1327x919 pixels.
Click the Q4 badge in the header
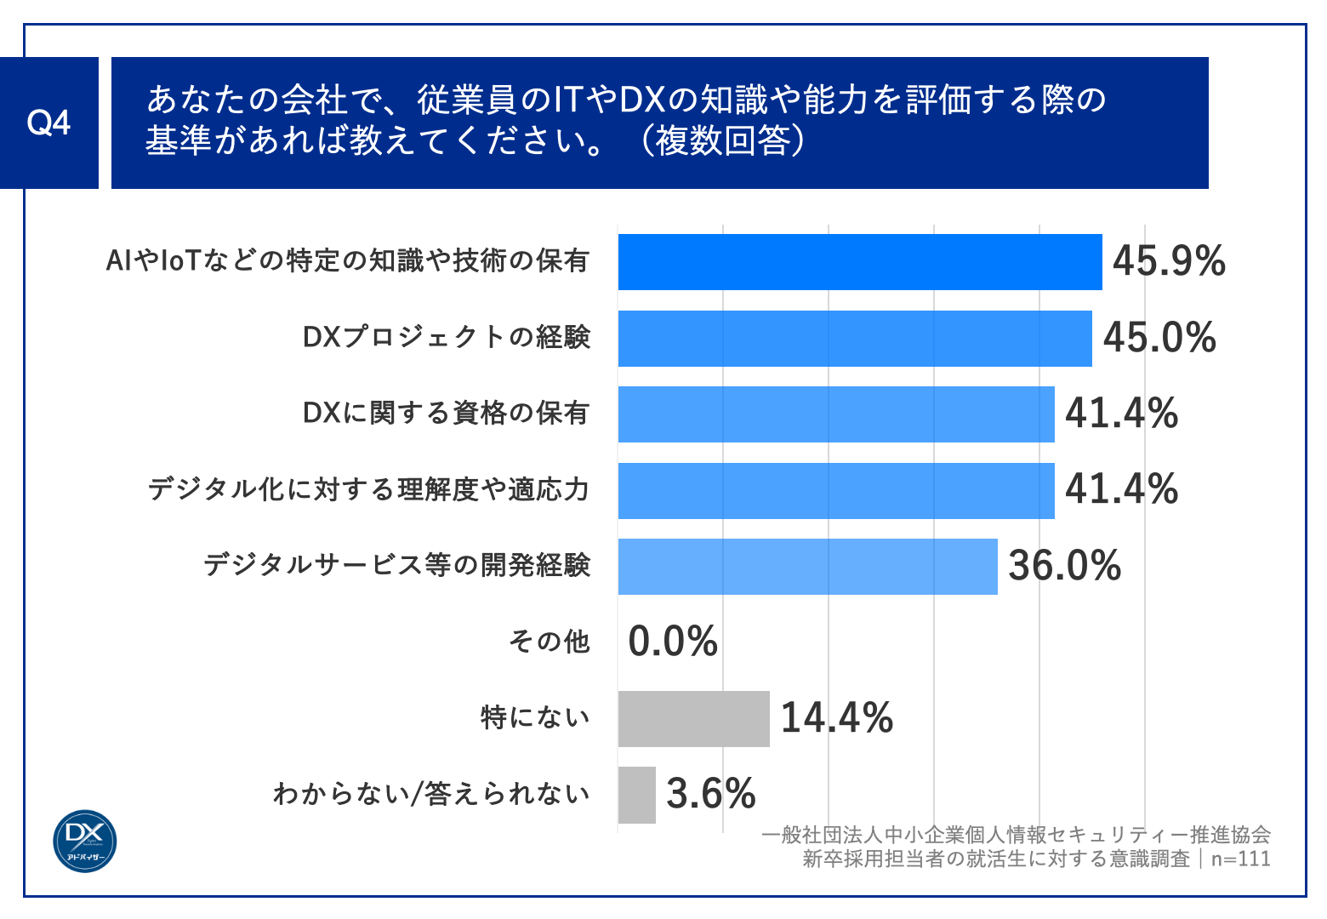[48, 123]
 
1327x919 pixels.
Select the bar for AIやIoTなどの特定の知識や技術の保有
[859, 262]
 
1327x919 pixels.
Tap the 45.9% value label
[1169, 261]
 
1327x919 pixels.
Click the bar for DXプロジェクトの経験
[854, 339]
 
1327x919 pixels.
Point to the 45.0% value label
[1159, 338]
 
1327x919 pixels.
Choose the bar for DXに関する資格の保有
[835, 414]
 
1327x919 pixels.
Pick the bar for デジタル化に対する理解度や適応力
[835, 491]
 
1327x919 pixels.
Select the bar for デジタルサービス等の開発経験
[807, 567]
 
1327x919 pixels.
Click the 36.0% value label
[1064, 566]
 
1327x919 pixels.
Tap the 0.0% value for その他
[673, 642]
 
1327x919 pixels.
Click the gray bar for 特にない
[693, 719]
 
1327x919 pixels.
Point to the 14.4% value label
[836, 718]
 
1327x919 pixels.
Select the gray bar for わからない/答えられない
[636, 795]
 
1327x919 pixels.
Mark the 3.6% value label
[710, 794]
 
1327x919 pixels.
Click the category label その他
[549, 642]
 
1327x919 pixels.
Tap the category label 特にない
[535, 718]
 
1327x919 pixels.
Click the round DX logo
[84, 841]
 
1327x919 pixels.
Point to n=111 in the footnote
[1240, 859]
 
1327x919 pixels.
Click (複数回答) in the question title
[722, 141]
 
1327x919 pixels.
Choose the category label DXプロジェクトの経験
[446, 338]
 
